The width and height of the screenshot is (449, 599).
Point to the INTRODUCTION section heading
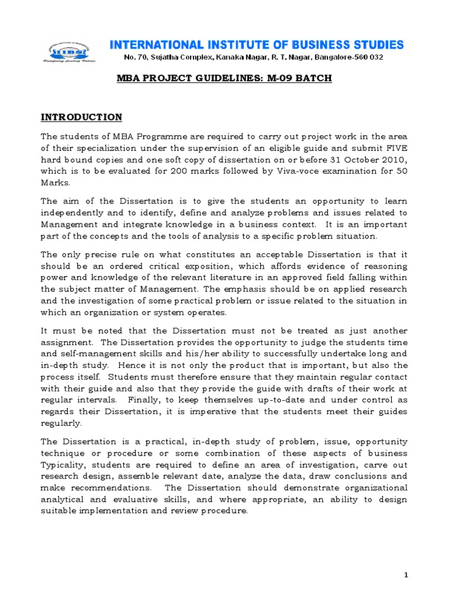pos(81,117)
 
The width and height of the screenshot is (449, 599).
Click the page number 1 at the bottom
pos(406,575)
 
